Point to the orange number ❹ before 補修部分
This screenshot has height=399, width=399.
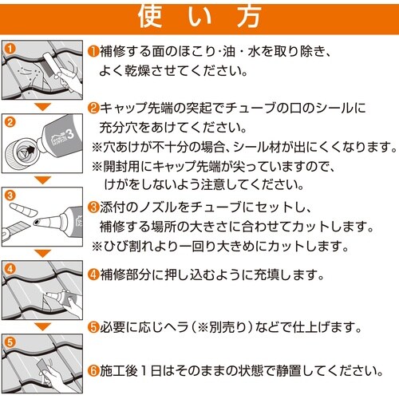point(93,275)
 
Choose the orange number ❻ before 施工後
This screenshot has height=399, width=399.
point(93,371)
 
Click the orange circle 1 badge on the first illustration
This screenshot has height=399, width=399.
point(10,49)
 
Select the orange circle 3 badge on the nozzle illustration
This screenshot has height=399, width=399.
point(10,194)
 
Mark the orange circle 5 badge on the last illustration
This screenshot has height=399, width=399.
point(10,341)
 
